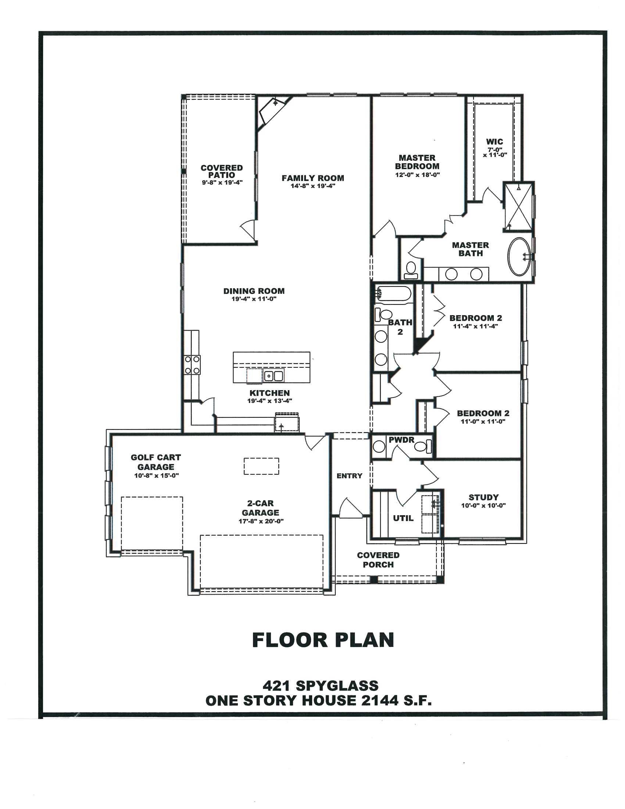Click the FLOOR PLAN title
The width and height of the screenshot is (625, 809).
click(x=323, y=640)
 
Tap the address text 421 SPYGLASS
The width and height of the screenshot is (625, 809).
click(x=321, y=686)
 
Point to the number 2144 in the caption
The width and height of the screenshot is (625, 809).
click(x=374, y=701)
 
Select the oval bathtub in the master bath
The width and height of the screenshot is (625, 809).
click(x=520, y=256)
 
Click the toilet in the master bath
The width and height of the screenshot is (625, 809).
click(x=411, y=270)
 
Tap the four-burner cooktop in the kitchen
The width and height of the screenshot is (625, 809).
click(x=192, y=364)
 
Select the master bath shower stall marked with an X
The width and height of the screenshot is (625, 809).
click(x=518, y=207)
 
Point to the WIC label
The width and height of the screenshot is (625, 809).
click(x=494, y=142)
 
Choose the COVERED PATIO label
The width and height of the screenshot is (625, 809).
click(x=222, y=171)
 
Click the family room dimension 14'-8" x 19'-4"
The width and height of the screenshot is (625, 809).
click(x=313, y=186)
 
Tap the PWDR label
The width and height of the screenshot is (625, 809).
click(x=401, y=440)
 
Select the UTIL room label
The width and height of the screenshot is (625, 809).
click(x=403, y=518)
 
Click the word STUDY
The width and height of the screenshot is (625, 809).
click(x=483, y=497)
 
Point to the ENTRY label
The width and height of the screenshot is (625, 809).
click(x=349, y=475)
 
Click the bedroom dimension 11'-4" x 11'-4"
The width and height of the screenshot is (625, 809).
click(x=475, y=326)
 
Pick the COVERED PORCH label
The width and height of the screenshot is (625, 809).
click(x=378, y=560)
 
